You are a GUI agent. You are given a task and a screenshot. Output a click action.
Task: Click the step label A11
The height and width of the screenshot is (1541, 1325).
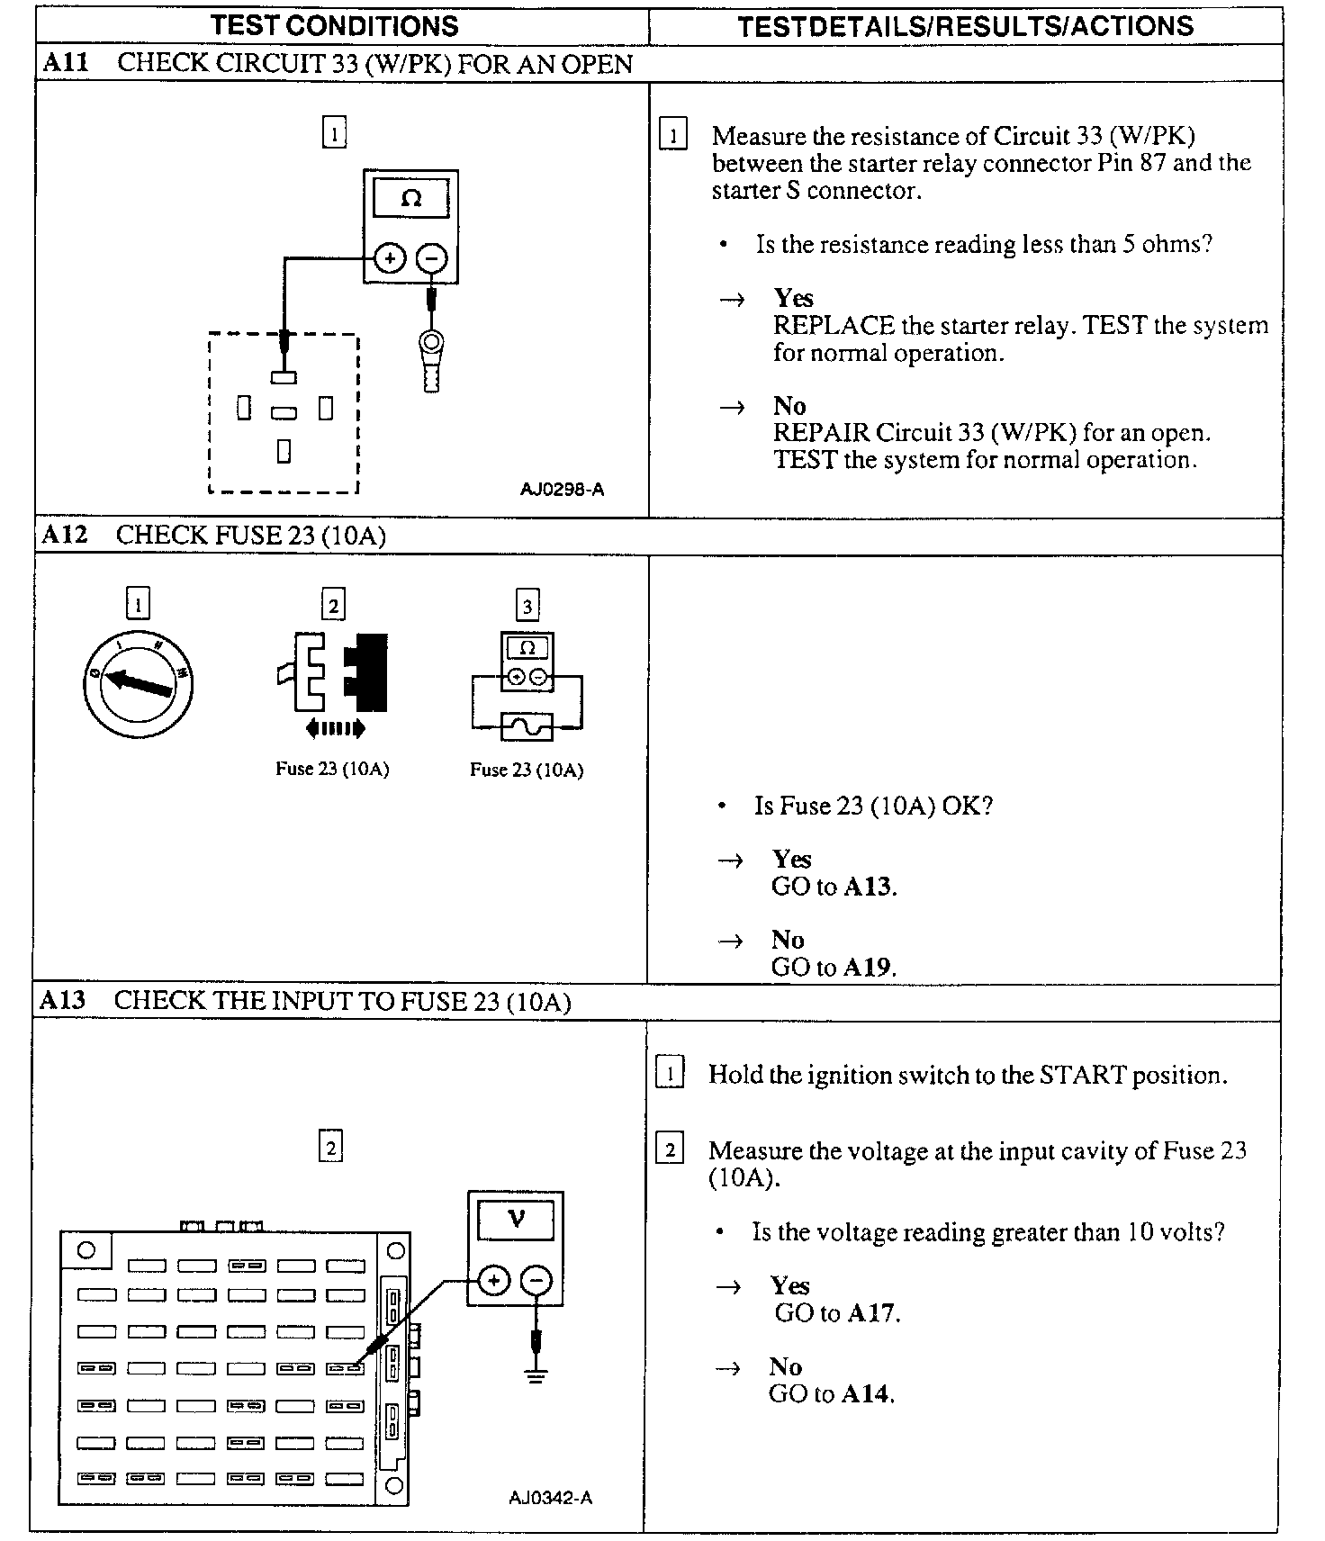coord(65,63)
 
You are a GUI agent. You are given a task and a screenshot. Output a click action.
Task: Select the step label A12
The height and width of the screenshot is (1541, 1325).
coord(65,535)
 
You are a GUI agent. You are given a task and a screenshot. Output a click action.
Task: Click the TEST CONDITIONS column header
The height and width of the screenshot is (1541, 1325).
coord(334,25)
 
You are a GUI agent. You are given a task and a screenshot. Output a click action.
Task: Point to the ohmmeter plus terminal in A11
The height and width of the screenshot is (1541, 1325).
coord(389,259)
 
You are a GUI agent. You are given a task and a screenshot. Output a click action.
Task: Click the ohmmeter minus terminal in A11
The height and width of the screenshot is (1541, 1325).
coord(432,259)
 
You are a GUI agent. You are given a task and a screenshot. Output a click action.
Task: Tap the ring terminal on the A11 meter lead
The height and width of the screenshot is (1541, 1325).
coord(431,343)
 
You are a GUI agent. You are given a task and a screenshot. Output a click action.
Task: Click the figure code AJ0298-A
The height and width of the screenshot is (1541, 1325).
coord(562,490)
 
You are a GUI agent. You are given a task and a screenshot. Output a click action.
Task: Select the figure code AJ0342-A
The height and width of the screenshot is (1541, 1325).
coord(550,1497)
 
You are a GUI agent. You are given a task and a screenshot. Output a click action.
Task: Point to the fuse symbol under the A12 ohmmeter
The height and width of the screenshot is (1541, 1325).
coord(527,726)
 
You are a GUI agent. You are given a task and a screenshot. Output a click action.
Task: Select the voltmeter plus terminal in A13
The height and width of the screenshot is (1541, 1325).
coord(493,1281)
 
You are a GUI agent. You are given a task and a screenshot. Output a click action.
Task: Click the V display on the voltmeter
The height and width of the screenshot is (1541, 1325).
coord(516,1219)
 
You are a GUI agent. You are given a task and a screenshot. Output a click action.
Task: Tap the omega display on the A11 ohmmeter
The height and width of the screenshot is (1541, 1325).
coord(410,198)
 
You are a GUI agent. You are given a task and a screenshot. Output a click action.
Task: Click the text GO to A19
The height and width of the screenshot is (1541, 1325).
coord(834,967)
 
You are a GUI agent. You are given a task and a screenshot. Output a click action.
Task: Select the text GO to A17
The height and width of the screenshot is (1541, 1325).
coord(837,1312)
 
